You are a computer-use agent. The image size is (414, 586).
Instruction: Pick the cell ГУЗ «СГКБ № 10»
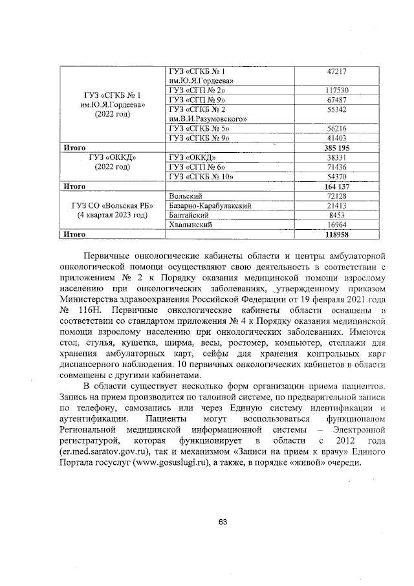[200, 176]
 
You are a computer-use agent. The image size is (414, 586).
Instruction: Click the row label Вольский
[186, 196]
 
